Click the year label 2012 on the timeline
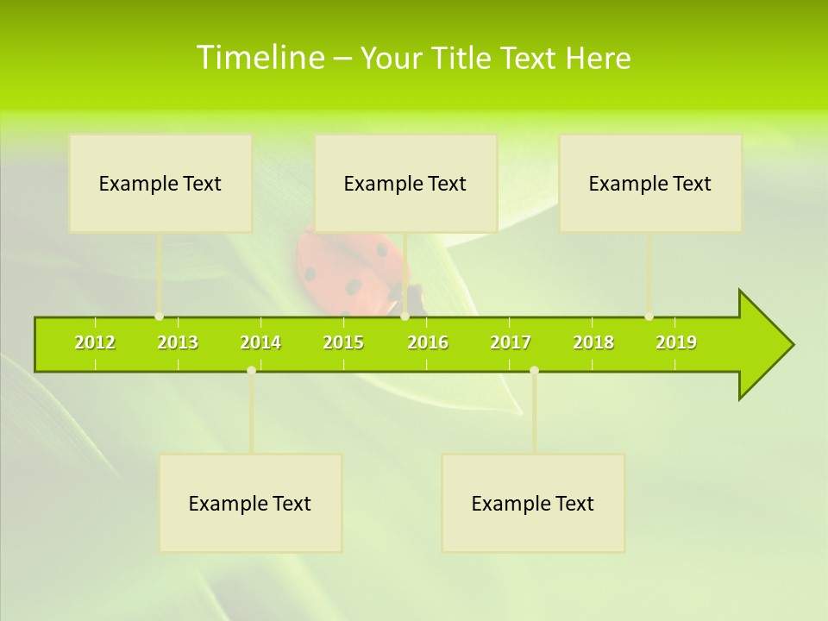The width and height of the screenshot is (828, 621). (95, 342)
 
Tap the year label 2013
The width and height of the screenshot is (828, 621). (178, 342)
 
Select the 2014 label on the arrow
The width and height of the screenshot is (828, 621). (260, 342)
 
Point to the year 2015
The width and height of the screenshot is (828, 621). (343, 342)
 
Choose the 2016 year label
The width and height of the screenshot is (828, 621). (428, 342)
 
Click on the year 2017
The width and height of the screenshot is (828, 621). (511, 342)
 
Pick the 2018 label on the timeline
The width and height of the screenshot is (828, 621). (593, 342)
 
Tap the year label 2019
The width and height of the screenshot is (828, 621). (676, 342)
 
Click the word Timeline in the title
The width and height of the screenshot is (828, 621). (259, 57)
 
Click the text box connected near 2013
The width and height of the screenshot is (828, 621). (160, 183)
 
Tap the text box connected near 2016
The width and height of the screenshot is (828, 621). (405, 183)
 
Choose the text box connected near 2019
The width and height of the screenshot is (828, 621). (650, 183)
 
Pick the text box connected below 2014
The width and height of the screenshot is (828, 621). (250, 503)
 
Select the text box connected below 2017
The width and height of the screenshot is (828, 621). (533, 503)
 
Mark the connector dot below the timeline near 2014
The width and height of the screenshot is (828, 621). (251, 370)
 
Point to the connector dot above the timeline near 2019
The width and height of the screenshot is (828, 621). (649, 317)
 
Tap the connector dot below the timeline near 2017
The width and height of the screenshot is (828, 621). (534, 370)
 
